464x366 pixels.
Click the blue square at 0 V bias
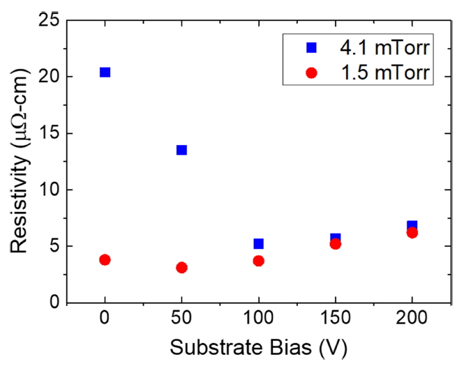(105, 72)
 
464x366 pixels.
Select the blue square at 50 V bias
(181, 150)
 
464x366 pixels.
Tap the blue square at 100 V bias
(258, 244)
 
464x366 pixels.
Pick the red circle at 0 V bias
(105, 259)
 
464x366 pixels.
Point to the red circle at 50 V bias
(181, 267)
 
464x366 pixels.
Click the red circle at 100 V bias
(258, 261)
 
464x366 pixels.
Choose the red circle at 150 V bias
(335, 244)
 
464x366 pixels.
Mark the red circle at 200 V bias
(412, 233)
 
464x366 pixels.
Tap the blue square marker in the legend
(312, 48)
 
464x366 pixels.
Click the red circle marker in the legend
(312, 72)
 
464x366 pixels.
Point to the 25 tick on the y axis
(47, 20)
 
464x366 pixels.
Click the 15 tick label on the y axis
(47, 133)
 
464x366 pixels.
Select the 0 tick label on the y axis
(53, 303)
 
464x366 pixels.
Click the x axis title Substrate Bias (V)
(258, 346)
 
